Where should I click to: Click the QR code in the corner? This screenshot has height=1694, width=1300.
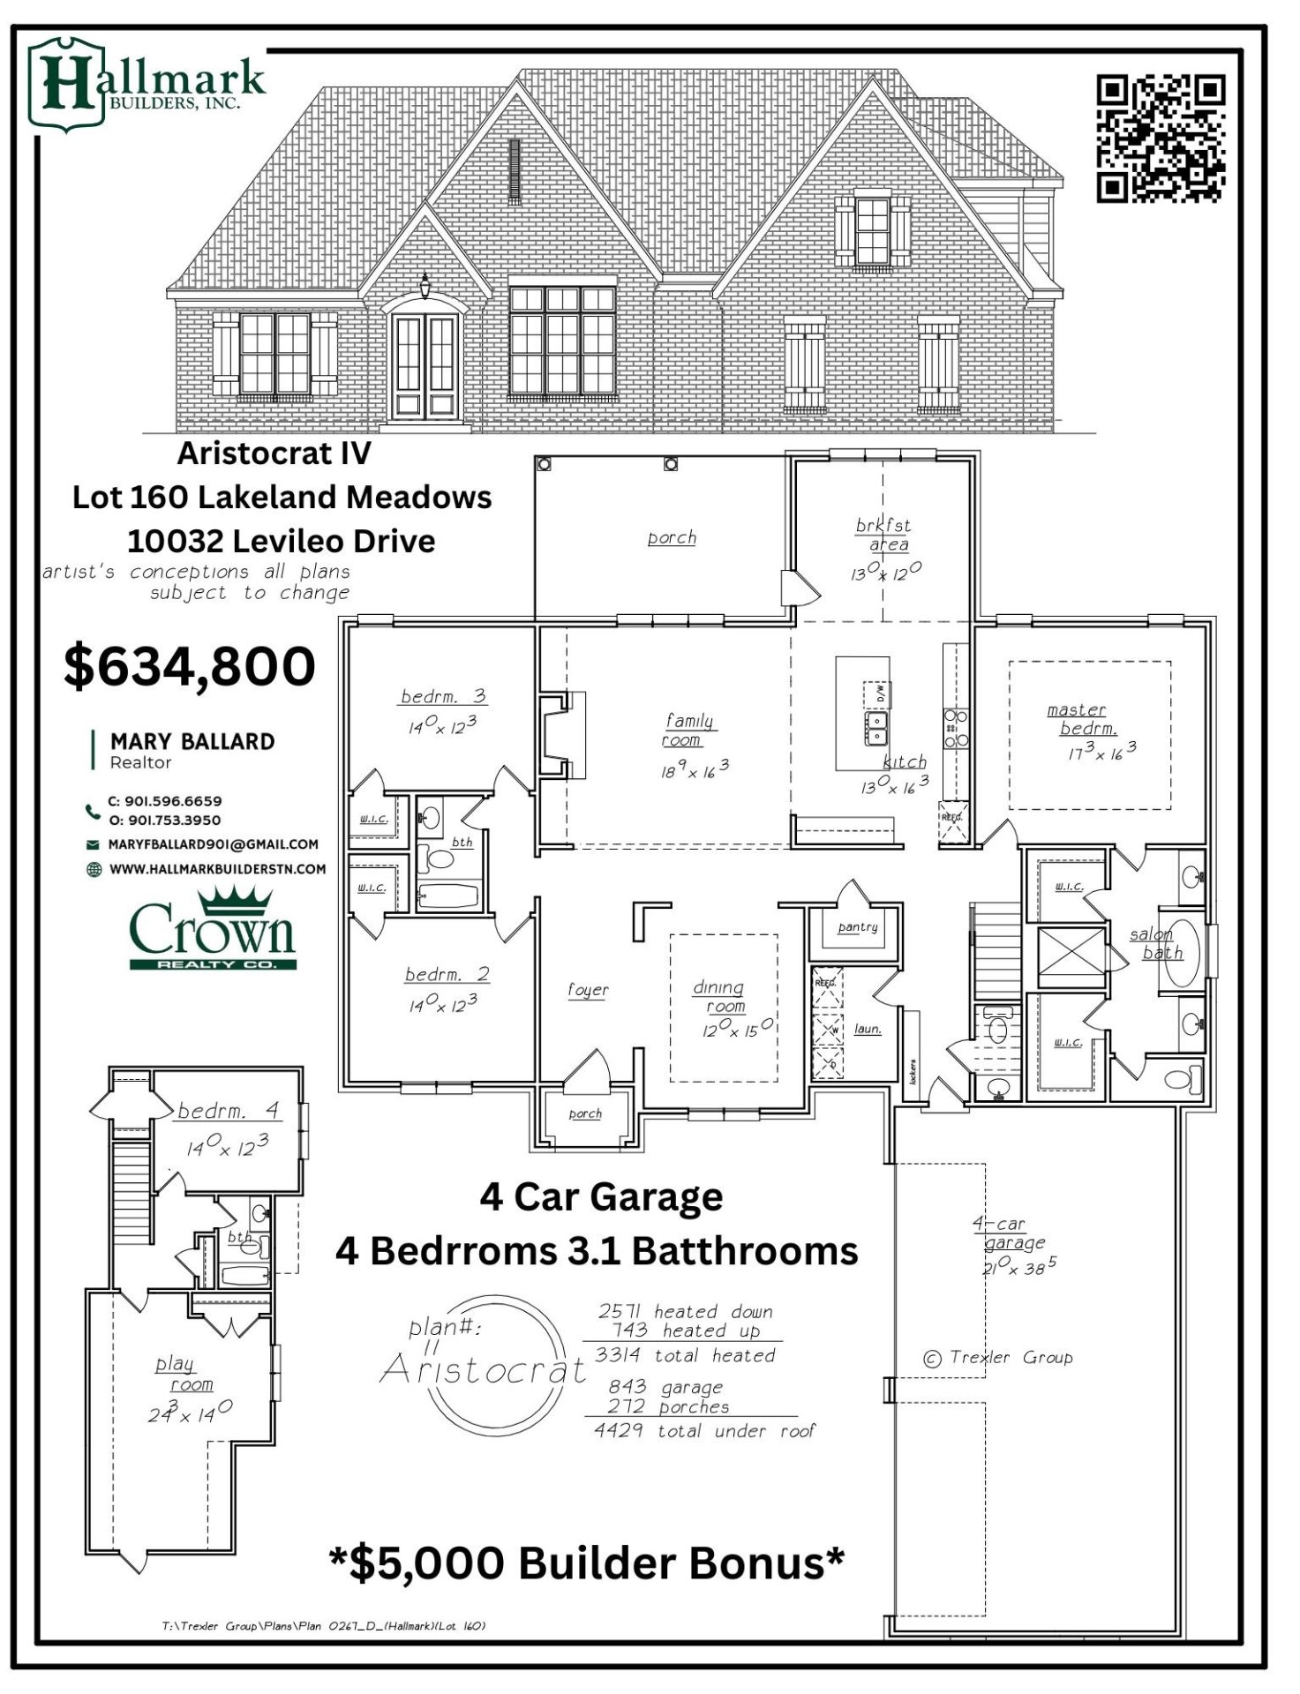(1160, 138)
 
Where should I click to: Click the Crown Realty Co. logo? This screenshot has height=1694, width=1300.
(213, 930)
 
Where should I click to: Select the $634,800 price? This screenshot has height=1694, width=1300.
(190, 667)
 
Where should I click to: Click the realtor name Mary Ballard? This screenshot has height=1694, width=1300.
(192, 742)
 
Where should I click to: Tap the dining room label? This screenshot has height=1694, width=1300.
(719, 997)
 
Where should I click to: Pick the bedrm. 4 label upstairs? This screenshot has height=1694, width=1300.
(228, 1111)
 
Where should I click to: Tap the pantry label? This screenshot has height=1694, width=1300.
(858, 927)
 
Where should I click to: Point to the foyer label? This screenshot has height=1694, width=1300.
(588, 990)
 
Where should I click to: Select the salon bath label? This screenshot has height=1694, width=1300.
(1157, 943)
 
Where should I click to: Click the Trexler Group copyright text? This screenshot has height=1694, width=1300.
(998, 1358)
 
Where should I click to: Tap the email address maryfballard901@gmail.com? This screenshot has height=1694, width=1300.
(213, 844)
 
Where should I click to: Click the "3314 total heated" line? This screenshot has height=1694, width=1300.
(685, 1356)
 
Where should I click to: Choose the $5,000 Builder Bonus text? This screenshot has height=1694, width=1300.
(587, 1563)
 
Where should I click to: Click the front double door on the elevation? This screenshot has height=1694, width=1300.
(427, 367)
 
